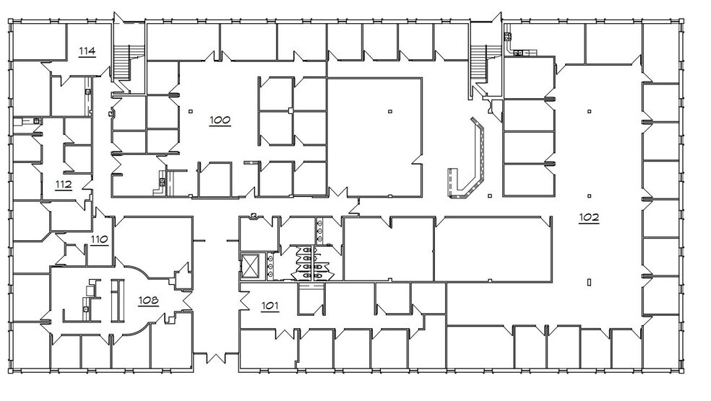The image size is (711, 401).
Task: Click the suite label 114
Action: (x=87, y=50)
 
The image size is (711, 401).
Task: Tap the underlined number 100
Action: (x=220, y=119)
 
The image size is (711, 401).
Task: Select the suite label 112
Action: (x=64, y=185)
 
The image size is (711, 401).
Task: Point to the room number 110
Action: (x=99, y=239)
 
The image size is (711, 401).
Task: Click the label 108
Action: (x=149, y=299)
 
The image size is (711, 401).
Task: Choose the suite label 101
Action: (x=270, y=306)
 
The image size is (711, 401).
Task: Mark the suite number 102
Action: (x=589, y=217)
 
